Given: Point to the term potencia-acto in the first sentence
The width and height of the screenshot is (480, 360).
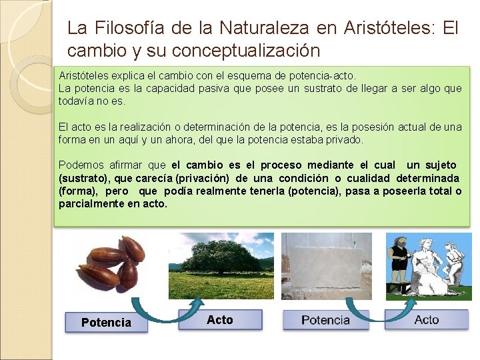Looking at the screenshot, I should pyautogui.click(x=322, y=76).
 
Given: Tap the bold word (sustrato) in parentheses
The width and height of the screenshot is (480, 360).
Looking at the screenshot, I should pyautogui.click(x=85, y=178).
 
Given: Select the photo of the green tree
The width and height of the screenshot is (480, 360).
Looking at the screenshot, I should pyautogui.click(x=221, y=265).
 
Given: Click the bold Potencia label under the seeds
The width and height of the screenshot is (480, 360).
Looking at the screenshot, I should pyautogui.click(x=106, y=323).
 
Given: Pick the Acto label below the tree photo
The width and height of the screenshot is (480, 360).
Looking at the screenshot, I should pyautogui.click(x=220, y=320).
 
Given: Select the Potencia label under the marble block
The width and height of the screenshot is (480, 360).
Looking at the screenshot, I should pyautogui.click(x=325, y=320).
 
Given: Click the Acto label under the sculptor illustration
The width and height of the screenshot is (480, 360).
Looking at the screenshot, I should pyautogui.click(x=427, y=320).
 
